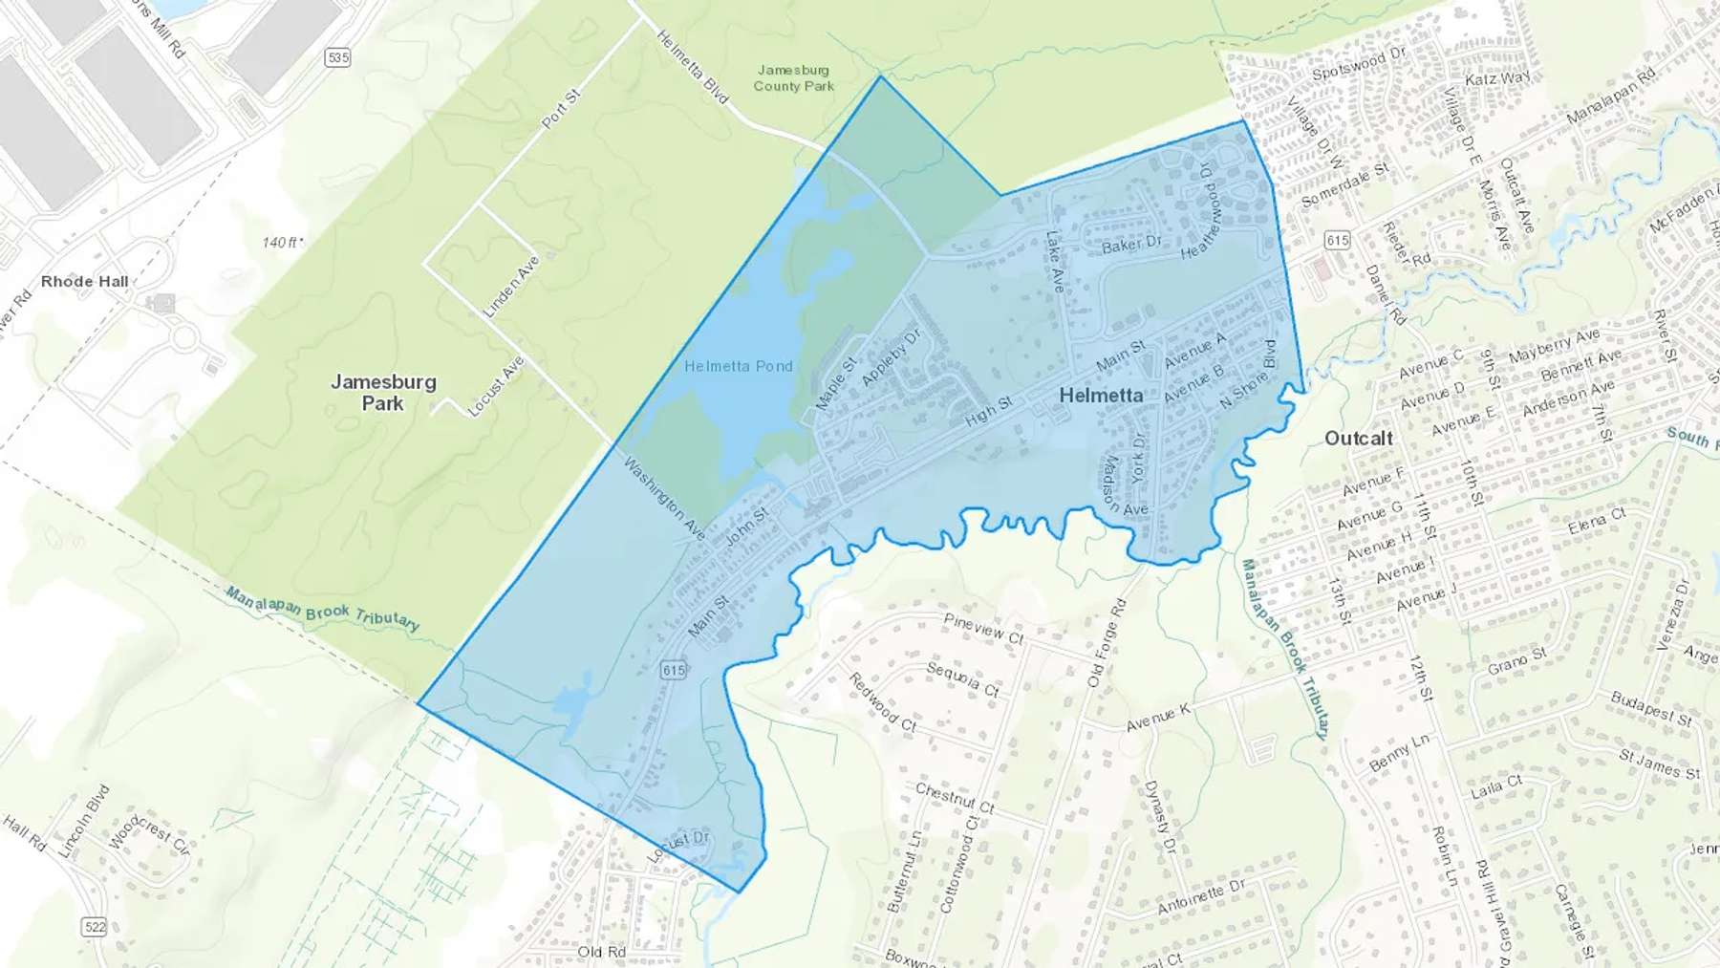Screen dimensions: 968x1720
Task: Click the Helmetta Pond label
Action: (738, 366)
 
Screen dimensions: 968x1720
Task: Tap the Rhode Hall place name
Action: (84, 281)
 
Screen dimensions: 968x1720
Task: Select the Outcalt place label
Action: (1358, 438)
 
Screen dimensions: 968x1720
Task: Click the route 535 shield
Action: (337, 57)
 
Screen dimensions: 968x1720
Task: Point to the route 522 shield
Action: (95, 926)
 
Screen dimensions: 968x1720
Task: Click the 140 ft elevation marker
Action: (282, 242)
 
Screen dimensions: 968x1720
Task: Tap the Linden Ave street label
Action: (511, 286)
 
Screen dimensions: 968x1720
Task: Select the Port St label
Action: (561, 109)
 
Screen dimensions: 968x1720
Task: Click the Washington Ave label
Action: (664, 498)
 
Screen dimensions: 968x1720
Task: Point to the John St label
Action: (746, 527)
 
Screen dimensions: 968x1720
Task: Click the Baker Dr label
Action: (1131, 245)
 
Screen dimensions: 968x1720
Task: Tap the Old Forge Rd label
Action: (1107, 642)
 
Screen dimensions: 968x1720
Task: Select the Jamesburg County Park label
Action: (793, 77)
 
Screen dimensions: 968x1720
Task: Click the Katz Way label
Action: (1497, 78)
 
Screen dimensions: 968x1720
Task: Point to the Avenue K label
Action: (1158, 718)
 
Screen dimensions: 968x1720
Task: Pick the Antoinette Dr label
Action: (1201, 896)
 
